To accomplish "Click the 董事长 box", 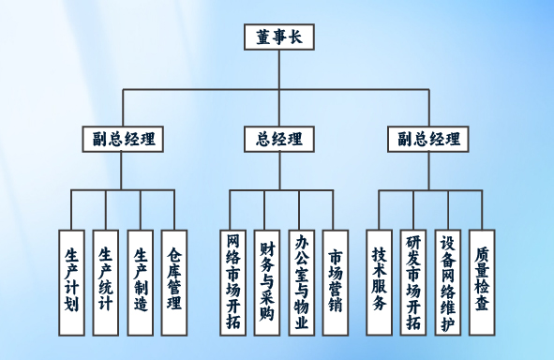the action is [x=279, y=37].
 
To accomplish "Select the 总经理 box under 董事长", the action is [x=279, y=139].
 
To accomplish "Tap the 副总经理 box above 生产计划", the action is [x=123, y=139].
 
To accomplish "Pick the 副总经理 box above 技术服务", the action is [x=428, y=139].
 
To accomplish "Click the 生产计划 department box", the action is [x=72, y=282].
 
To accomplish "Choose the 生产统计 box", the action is [x=106, y=282].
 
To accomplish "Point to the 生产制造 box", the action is [x=141, y=282].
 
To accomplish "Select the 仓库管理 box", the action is [x=174, y=282].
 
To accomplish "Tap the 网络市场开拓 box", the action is [x=233, y=282].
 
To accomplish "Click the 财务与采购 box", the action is [x=267, y=282].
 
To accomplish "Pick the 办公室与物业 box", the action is [x=302, y=282].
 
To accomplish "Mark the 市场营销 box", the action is [x=336, y=282].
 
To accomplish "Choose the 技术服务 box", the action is [x=379, y=282].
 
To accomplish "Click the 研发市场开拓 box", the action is [x=413, y=282].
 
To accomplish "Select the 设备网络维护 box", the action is [x=448, y=282].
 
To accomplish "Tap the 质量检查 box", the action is [x=482, y=282].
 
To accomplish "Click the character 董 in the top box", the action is [x=263, y=37].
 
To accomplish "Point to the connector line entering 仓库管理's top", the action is [x=174, y=210].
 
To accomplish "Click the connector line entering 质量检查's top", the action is [x=482, y=210].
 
